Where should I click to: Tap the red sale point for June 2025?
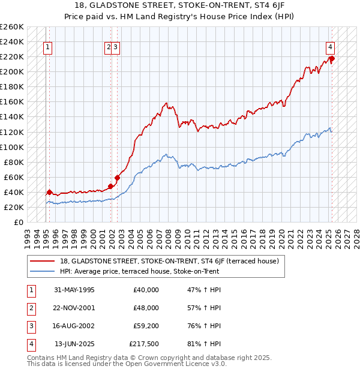tap(332, 58)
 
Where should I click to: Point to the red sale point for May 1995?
tap(49, 192)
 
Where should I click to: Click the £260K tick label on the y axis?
tap(12, 27)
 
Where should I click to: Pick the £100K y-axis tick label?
tap(12, 147)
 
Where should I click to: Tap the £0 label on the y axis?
tap(19, 222)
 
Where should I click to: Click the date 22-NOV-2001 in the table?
tap(74, 307)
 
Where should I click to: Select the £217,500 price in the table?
tap(144, 344)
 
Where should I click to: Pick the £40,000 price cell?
tap(146, 289)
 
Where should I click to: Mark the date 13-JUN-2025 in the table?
tap(74, 344)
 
